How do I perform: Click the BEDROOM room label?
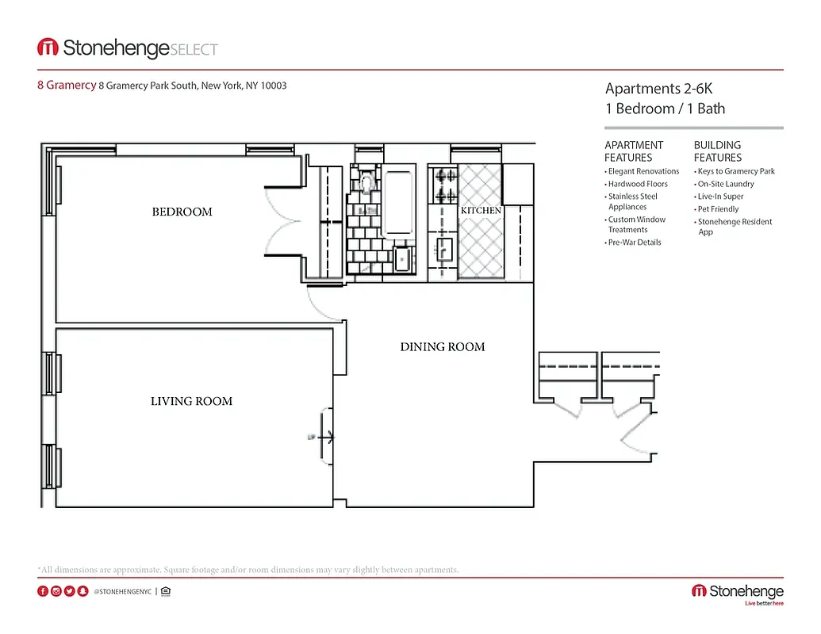182,212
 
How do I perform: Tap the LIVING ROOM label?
191,401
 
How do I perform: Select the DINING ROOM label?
442,346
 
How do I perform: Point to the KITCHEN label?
481,211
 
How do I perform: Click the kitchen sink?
443,250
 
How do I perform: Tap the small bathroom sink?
402,258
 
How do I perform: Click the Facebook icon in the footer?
43,591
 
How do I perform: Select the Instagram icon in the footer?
56,591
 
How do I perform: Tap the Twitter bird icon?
70,591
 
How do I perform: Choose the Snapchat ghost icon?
82,591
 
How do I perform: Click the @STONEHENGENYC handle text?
122,592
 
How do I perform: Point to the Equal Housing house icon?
165,591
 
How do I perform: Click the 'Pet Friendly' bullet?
718,209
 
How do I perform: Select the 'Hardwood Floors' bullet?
638,184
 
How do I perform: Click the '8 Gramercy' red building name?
67,86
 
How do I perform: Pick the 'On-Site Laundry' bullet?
726,184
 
